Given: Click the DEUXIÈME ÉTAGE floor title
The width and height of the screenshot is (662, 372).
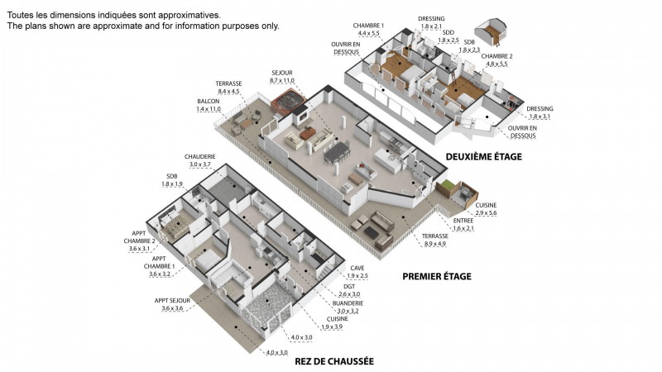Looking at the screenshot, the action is [x=484, y=157].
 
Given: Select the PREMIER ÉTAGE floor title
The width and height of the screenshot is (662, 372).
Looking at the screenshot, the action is [x=437, y=277].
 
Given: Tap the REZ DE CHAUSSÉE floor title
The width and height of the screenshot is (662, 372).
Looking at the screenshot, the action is [x=334, y=361].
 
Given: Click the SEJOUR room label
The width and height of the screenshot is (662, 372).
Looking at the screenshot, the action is [x=282, y=73].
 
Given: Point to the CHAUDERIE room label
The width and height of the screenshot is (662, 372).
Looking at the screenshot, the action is [x=199, y=157].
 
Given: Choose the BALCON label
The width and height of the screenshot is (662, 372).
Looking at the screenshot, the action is [x=209, y=102].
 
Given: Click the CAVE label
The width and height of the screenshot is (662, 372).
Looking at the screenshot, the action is [x=357, y=268].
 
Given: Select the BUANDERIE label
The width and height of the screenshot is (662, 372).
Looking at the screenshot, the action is [x=348, y=303].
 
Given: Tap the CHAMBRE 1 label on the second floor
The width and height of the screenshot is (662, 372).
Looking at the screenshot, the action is [x=368, y=26].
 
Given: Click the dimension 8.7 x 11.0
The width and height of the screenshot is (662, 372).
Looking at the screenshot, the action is [x=282, y=80].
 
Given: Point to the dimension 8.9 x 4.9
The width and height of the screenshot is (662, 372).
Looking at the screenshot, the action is [x=435, y=244].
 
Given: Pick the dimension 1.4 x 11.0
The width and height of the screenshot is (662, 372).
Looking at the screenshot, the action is [x=209, y=109].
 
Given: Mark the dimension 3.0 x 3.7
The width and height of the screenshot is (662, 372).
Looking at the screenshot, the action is [x=199, y=165].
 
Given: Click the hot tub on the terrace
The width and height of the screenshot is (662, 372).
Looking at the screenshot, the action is [x=288, y=102].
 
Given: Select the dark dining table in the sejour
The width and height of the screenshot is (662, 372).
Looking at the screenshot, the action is [x=337, y=152].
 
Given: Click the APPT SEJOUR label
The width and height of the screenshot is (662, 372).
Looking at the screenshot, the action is [x=172, y=301].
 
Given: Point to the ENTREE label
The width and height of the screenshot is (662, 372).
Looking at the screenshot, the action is [x=463, y=221].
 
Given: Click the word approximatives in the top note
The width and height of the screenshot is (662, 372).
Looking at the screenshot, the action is [x=189, y=15].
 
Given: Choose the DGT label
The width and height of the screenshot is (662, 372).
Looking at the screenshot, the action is [x=349, y=287].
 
